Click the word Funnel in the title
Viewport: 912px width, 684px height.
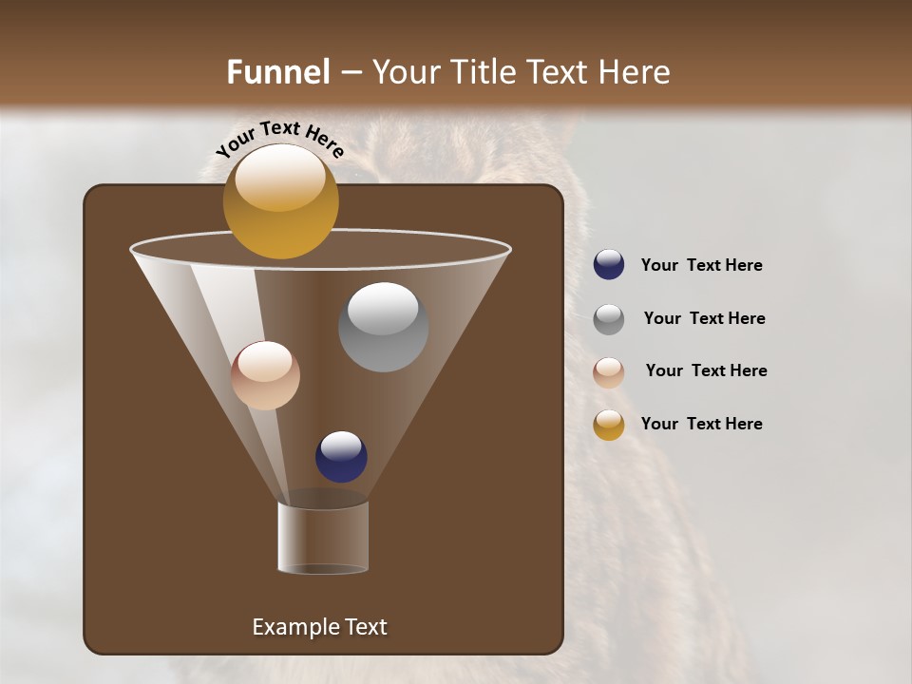(x=277, y=72)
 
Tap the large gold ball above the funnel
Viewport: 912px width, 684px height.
(x=280, y=201)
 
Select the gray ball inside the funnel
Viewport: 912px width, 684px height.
(x=383, y=327)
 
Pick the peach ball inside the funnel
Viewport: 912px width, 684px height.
(x=265, y=375)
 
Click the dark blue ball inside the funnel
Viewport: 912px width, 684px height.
(x=341, y=457)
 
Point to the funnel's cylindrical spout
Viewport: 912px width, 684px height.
(x=323, y=538)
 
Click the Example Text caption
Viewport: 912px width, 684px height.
(x=319, y=627)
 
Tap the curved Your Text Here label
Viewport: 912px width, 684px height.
(x=280, y=139)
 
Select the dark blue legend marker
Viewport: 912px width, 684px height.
(x=609, y=265)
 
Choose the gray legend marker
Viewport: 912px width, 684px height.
(x=609, y=319)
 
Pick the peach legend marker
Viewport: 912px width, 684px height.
(x=609, y=372)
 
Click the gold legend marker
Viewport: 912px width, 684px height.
(x=609, y=425)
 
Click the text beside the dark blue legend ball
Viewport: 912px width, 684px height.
(x=701, y=265)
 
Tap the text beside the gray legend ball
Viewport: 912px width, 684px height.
(x=704, y=318)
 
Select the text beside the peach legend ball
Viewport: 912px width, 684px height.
(x=706, y=370)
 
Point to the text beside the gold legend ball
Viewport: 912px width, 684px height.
(x=701, y=424)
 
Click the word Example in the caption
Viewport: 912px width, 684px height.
(x=294, y=627)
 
